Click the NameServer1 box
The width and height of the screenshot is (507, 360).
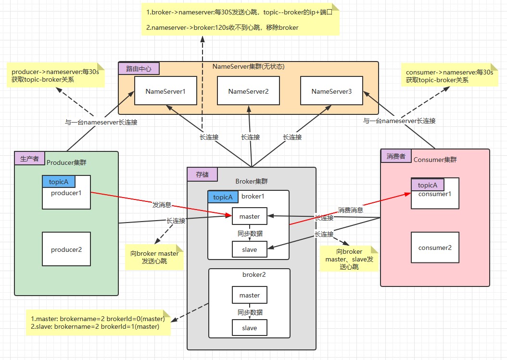point(165,91)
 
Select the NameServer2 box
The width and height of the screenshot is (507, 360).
point(248,91)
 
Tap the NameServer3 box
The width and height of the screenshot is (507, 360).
point(331,91)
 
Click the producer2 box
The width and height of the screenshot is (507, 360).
point(66,249)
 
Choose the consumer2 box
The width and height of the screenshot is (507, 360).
point(435,248)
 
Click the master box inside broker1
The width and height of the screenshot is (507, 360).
point(249,216)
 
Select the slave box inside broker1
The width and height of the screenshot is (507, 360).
point(249,249)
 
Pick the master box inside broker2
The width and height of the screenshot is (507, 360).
point(249,295)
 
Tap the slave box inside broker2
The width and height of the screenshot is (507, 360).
point(249,328)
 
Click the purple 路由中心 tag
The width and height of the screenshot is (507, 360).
point(139,69)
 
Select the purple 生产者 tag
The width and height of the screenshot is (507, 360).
point(29,159)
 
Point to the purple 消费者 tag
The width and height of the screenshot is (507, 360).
point(395,156)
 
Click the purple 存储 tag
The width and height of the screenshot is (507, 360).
point(203,174)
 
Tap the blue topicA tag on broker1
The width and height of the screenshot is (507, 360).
point(223,197)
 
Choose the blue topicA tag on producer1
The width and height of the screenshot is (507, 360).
point(59,182)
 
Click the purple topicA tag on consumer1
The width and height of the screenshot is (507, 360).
point(427,185)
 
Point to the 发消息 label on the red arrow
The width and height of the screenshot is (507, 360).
point(162,205)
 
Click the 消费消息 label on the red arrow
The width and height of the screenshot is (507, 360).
point(350,210)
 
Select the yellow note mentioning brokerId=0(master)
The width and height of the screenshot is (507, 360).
point(98,323)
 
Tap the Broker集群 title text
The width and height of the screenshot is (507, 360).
point(251,181)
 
